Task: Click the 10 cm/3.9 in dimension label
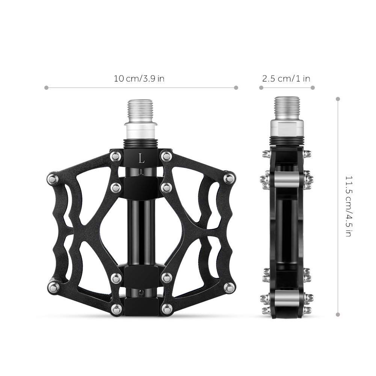click(x=139, y=79)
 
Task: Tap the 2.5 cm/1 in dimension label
click(x=286, y=79)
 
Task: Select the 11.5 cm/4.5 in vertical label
click(x=348, y=206)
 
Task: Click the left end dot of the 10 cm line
click(x=46, y=88)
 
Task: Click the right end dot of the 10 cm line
click(x=236, y=88)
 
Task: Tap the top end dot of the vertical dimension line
click(x=338, y=99)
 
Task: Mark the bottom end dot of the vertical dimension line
click(x=338, y=315)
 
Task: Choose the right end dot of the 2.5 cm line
click(x=313, y=88)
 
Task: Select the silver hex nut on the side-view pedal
click(x=287, y=129)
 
